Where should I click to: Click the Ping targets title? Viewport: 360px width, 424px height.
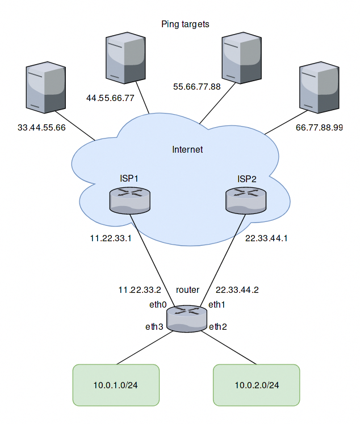click(x=186, y=24)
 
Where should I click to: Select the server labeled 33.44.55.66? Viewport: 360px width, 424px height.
click(x=45, y=90)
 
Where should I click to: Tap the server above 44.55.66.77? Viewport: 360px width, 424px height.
click(x=125, y=58)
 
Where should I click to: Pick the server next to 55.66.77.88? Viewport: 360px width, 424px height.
click(x=241, y=57)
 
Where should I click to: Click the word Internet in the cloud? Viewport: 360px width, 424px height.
click(x=187, y=150)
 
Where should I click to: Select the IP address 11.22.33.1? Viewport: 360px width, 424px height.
click(x=111, y=238)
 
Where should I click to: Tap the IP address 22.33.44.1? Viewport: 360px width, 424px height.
click(x=266, y=238)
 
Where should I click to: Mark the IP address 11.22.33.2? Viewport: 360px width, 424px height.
click(x=139, y=289)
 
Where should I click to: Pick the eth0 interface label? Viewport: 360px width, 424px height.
click(x=158, y=305)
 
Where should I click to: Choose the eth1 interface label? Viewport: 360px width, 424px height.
click(x=217, y=305)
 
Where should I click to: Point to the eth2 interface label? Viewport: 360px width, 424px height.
click(x=217, y=326)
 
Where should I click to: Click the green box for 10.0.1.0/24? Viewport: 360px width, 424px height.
click(x=116, y=385)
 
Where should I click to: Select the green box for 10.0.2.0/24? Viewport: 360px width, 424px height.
click(x=256, y=385)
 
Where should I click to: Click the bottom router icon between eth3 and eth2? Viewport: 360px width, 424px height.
click(x=187, y=319)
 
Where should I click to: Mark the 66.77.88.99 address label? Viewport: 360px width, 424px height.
click(x=320, y=128)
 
